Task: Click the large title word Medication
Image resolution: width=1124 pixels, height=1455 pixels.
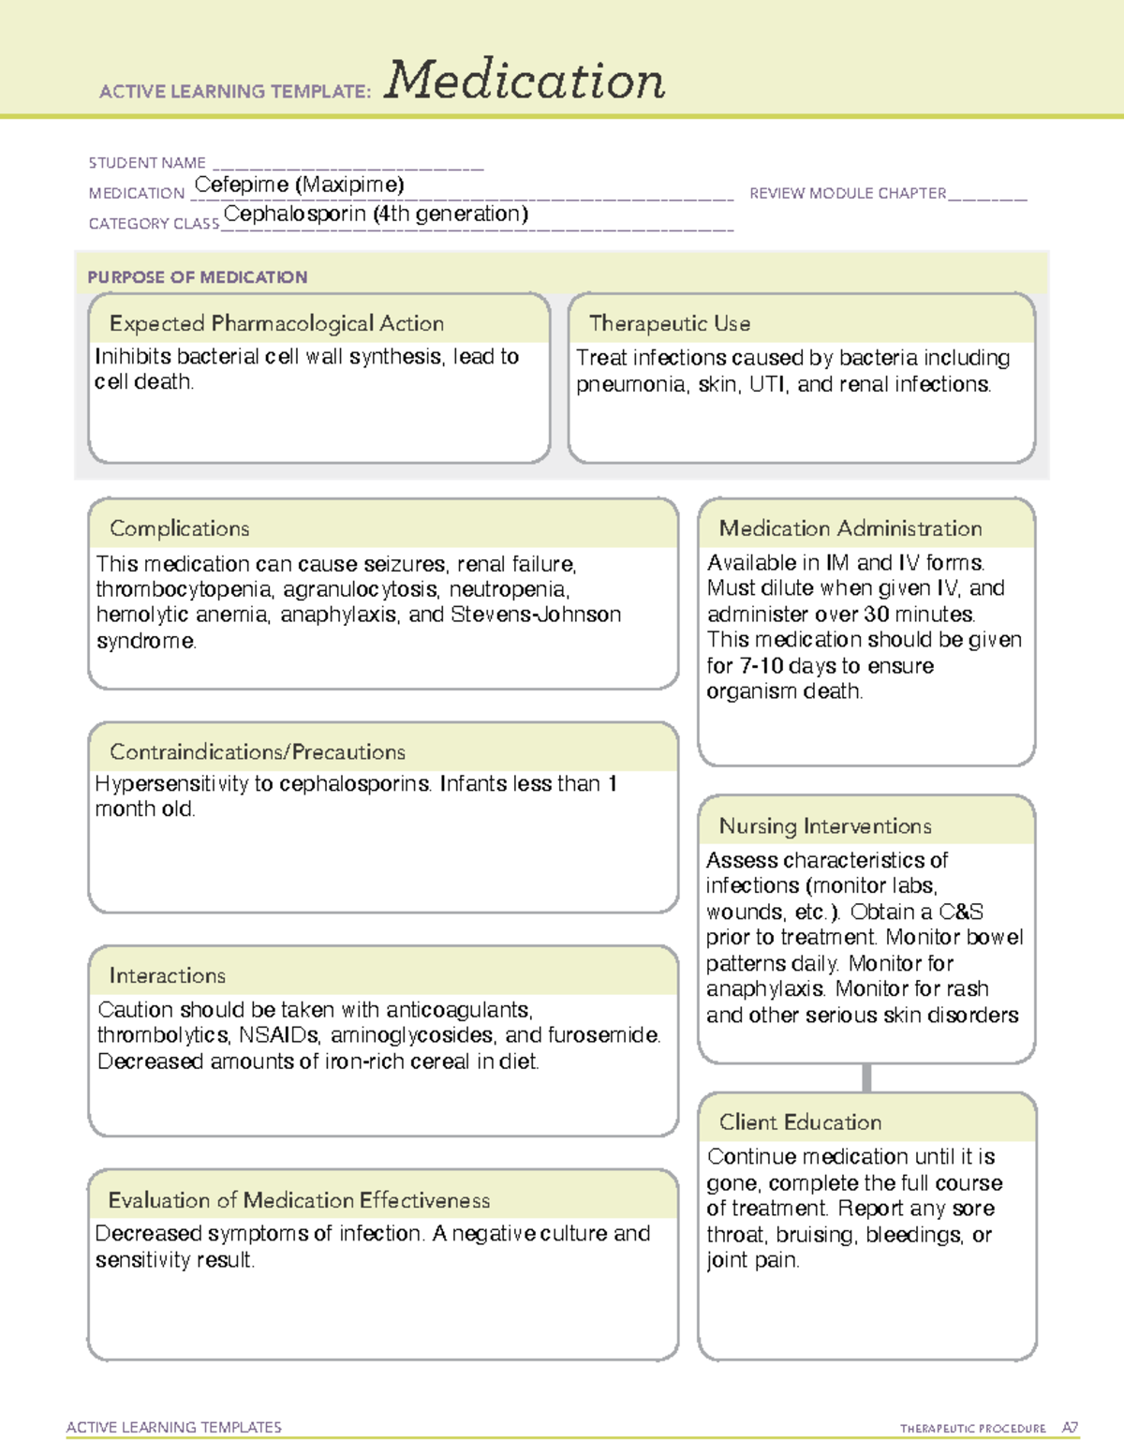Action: pyautogui.click(x=525, y=81)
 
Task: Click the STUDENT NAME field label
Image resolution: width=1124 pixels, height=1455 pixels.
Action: pyautogui.click(x=147, y=163)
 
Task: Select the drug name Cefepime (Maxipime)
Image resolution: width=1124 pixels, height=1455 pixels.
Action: pyautogui.click(x=299, y=185)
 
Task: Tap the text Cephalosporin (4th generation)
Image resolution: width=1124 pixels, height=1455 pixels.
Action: pyautogui.click(x=376, y=214)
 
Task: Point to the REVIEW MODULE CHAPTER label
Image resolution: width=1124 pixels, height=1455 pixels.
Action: pyautogui.click(x=848, y=193)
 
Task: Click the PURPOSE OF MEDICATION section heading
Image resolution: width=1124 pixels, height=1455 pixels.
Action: pyautogui.click(x=198, y=277)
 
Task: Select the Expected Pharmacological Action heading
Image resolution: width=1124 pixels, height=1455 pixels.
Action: pyautogui.click(x=276, y=323)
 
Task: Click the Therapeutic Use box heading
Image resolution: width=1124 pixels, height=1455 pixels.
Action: pyautogui.click(x=670, y=323)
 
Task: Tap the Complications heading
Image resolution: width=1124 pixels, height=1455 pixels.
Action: pyautogui.click(x=180, y=528)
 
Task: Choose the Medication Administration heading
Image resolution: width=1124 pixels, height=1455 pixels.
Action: pyautogui.click(x=850, y=528)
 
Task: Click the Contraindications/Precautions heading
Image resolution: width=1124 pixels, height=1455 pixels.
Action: pyautogui.click(x=258, y=752)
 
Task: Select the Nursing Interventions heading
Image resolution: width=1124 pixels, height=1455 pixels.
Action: pyautogui.click(x=825, y=826)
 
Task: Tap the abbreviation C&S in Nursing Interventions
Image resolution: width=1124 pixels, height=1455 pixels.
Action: pyautogui.click(x=961, y=912)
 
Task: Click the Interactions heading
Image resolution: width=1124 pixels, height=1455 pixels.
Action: pyautogui.click(x=168, y=976)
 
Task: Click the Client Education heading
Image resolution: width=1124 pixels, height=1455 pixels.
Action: pyautogui.click(x=800, y=1122)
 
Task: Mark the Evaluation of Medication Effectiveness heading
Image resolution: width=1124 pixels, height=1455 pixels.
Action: pyautogui.click(x=299, y=1200)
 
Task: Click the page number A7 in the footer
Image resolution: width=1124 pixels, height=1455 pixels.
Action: pyautogui.click(x=1070, y=1428)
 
